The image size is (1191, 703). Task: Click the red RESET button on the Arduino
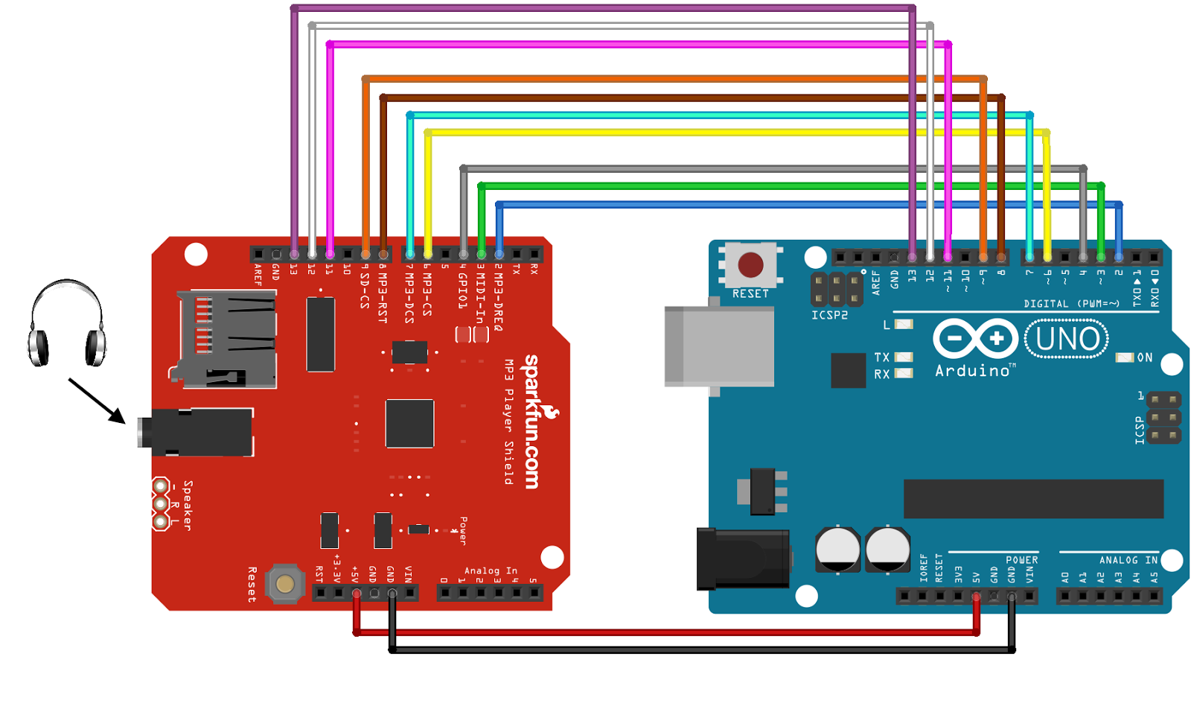[x=750, y=265]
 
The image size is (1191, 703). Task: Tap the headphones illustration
[x=66, y=324]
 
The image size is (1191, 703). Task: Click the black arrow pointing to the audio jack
[x=97, y=401]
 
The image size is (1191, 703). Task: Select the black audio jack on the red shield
[x=197, y=432]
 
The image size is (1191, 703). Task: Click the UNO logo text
[x=1067, y=339]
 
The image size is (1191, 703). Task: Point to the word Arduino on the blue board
[x=972, y=371]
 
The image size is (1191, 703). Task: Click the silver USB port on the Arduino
[x=718, y=346]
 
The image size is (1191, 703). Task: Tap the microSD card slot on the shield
[x=227, y=339]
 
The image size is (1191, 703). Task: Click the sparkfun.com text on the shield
[x=531, y=422]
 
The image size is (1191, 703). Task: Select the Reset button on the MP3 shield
[x=285, y=583]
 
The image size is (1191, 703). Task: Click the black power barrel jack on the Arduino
[x=742, y=559]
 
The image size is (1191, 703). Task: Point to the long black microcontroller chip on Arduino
[x=1033, y=498]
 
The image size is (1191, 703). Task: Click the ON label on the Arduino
[x=1145, y=357]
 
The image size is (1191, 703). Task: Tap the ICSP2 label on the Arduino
[x=829, y=315]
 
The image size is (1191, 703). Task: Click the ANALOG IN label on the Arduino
[x=1128, y=560]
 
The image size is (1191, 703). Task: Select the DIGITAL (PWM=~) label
[x=1071, y=304]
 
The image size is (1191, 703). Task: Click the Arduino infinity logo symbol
[x=975, y=339]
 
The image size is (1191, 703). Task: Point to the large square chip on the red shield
[x=409, y=423]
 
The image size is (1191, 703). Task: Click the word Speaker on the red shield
[x=188, y=506]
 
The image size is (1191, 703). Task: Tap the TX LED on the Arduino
[x=904, y=357]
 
